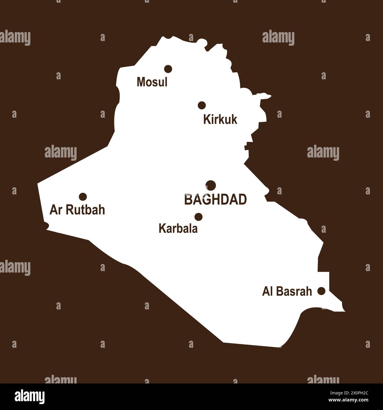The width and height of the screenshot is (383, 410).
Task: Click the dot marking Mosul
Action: click(x=168, y=69)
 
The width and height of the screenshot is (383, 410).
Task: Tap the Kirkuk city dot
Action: click(x=202, y=105)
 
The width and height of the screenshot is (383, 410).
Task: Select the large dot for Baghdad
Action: click(x=211, y=186)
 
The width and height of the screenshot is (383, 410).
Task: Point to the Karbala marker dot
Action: click(x=199, y=217)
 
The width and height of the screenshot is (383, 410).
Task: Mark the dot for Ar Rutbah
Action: click(x=83, y=196)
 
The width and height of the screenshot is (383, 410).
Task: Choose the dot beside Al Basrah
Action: click(x=321, y=291)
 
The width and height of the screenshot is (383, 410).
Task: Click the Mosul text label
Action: click(x=152, y=82)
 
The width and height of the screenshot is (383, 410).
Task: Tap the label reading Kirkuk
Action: click(x=220, y=120)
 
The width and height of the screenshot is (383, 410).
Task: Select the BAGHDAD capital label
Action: click(x=215, y=200)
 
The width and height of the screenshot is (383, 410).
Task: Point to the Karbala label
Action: click(x=178, y=229)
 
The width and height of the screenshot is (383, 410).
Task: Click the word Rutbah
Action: click(x=85, y=210)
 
